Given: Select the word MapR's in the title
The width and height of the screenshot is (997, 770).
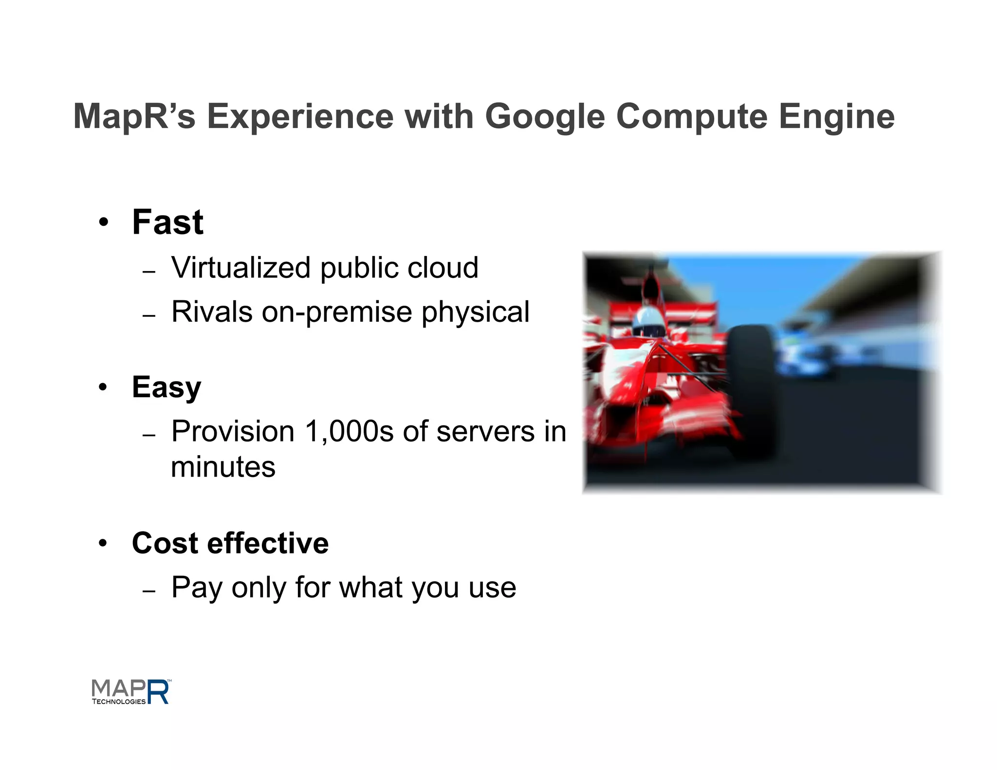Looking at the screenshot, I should tap(134, 116).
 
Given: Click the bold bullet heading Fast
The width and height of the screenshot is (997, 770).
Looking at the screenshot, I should tap(167, 222).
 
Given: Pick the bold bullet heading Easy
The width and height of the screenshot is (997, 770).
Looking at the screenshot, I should tap(166, 387).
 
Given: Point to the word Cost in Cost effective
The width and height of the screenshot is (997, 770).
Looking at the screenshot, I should tap(165, 543).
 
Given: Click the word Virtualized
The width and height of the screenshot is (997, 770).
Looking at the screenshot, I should tap(241, 268).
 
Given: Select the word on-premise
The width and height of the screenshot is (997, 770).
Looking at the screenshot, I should tap(337, 312).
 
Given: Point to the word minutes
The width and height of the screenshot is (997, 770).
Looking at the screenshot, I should tap(223, 467).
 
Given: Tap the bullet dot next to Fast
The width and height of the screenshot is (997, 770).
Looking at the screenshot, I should tap(103, 223).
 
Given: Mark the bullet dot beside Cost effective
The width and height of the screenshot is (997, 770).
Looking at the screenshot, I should tap(103, 543).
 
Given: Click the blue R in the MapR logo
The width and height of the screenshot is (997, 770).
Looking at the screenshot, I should tap(158, 692).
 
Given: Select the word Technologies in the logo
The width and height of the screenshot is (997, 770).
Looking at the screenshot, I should tap(119, 701).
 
